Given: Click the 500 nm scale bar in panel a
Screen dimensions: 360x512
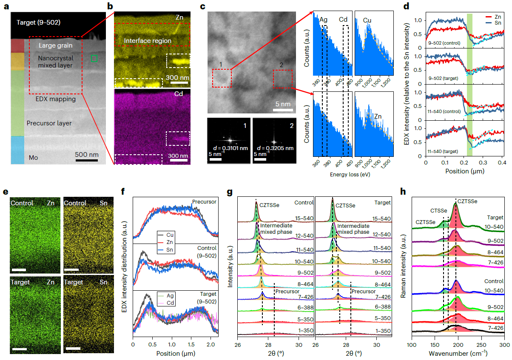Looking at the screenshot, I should (87, 161).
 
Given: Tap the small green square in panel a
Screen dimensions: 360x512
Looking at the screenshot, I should (94, 58).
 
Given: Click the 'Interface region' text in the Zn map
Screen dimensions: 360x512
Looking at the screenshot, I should (148, 41).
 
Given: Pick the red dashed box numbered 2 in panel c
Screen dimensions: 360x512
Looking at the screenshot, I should (282, 79).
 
